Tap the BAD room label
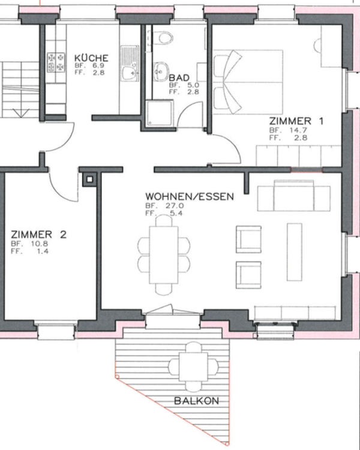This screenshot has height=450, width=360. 179,78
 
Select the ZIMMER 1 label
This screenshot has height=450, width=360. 296,121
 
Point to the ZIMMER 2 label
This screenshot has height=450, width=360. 38,234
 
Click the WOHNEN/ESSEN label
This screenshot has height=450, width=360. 189,196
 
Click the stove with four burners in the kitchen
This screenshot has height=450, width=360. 56,60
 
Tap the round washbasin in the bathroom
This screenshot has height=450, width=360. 161,72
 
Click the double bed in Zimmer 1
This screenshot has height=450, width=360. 247,82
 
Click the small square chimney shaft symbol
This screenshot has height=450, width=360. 89,179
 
